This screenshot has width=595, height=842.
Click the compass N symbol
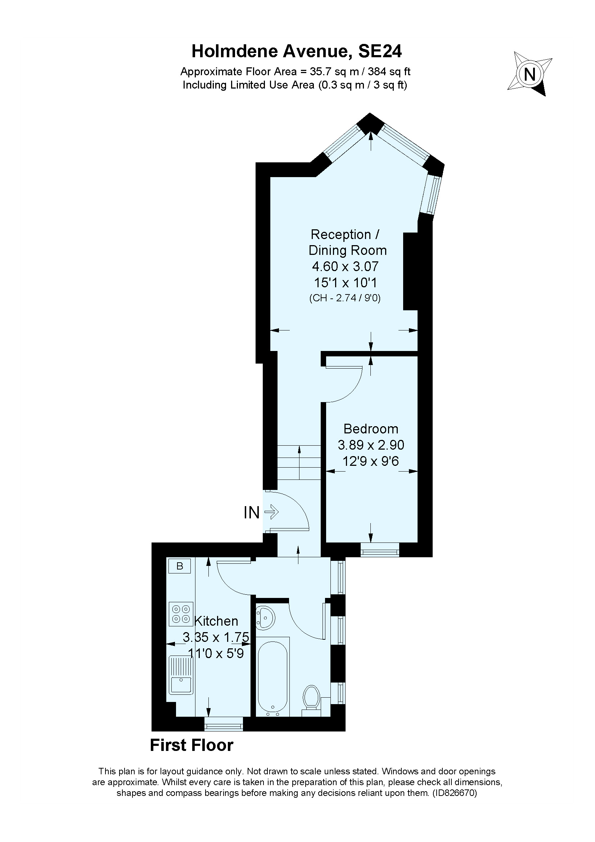[x=530, y=75]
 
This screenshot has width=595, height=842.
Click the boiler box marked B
[x=180, y=566]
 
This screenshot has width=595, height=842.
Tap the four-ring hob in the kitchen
[x=181, y=614]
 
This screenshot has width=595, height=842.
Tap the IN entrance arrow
[x=271, y=512]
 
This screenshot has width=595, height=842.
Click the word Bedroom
[x=371, y=429]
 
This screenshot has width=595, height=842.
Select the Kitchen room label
[x=216, y=621]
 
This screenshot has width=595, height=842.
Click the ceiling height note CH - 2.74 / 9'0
[x=345, y=298]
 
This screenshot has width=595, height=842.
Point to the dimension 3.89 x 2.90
[x=371, y=445]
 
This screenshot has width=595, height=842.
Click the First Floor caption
[x=192, y=746]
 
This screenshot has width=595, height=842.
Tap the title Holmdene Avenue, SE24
[x=297, y=51]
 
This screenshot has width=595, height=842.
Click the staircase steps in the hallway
[x=299, y=462]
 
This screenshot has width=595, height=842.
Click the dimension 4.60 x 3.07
[x=345, y=266]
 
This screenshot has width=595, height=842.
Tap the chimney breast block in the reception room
[x=411, y=271]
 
